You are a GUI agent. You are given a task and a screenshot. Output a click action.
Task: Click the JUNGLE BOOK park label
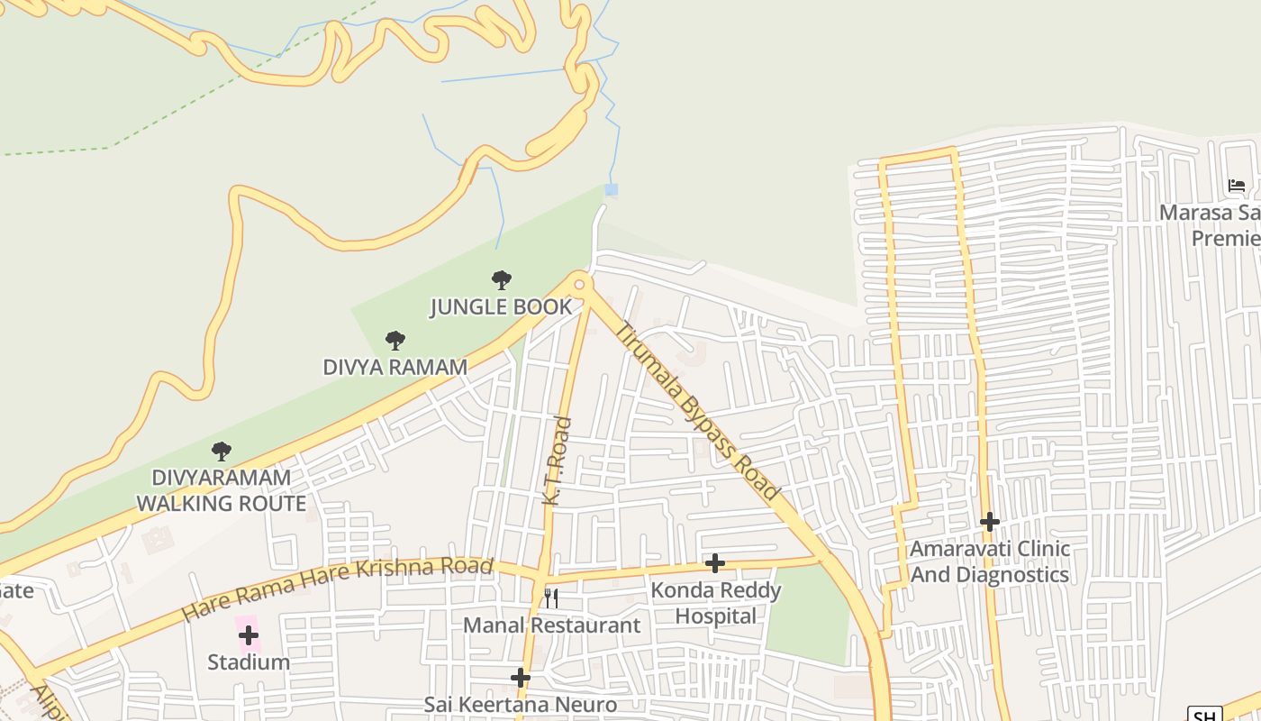[501, 306]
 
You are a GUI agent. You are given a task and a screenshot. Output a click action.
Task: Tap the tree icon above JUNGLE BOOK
[502, 280]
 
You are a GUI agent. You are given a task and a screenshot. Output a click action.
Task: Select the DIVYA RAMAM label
[395, 367]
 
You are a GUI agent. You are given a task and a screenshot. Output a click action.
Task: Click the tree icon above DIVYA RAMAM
[395, 341]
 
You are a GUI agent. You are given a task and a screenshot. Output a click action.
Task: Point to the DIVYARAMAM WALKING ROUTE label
[222, 490]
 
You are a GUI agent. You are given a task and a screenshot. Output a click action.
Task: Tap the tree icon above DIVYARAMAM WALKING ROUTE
[222, 451]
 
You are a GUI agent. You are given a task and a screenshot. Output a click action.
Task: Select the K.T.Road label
[557, 460]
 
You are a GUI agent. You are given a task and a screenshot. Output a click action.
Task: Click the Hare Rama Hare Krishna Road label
[338, 589]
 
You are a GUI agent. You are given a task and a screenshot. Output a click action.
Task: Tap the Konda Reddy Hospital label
[716, 603]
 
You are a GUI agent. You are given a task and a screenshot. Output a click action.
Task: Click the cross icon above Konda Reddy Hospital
[715, 563]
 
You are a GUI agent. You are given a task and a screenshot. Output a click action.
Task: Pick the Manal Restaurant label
[551, 625]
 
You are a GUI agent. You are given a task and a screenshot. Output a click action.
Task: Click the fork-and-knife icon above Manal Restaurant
[551, 598]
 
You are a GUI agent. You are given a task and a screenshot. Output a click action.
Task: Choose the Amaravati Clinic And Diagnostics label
[990, 561]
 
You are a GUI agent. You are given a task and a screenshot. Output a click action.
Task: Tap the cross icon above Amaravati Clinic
[990, 522]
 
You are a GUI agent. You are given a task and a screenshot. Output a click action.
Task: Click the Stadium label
[249, 662]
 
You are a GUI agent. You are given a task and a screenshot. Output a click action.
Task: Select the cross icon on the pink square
[248, 634]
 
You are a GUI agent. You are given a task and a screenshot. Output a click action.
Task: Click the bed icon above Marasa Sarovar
[1237, 187]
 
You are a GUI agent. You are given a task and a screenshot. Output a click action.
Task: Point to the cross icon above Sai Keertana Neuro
[520, 678]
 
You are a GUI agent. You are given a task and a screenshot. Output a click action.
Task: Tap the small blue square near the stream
[612, 189]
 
